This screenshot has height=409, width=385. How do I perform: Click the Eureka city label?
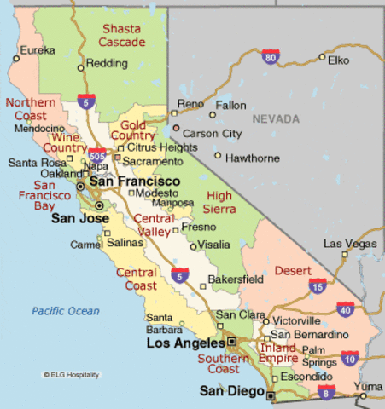(x=38, y=50)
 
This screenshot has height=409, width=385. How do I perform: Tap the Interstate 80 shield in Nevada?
(x=271, y=57)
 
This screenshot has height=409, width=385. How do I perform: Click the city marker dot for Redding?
(x=80, y=66)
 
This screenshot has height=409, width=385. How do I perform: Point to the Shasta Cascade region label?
(x=121, y=35)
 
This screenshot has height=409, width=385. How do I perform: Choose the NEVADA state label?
(x=277, y=119)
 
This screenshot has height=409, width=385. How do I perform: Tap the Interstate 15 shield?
(x=318, y=286)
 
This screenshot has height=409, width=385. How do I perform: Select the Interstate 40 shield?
(x=346, y=309)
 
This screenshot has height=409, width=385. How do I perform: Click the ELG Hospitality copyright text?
(x=71, y=374)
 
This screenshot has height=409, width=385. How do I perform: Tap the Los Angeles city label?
(x=186, y=343)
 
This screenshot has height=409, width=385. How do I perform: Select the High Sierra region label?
(x=220, y=203)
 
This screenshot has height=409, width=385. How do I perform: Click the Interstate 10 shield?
(x=350, y=358)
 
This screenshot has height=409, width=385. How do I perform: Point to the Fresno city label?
(x=199, y=228)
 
